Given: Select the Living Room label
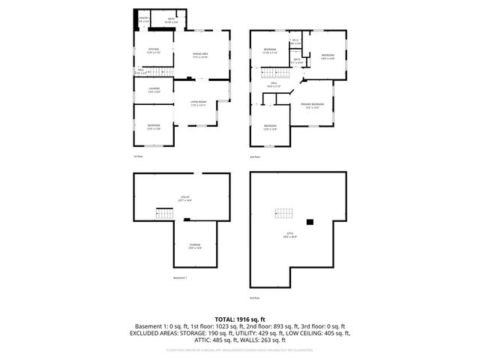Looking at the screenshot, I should pos(199,103).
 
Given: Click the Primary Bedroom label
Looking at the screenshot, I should pos(312,105).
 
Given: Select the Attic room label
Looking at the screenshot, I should pos(289,235).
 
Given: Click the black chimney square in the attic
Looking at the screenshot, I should pos(309,221).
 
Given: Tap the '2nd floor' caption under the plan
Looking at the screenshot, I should pos(256,157).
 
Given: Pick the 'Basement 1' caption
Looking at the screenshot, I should pos(179,278).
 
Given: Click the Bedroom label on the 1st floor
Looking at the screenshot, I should pos(153,127).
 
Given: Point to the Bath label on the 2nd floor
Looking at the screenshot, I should pos(297,61).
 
